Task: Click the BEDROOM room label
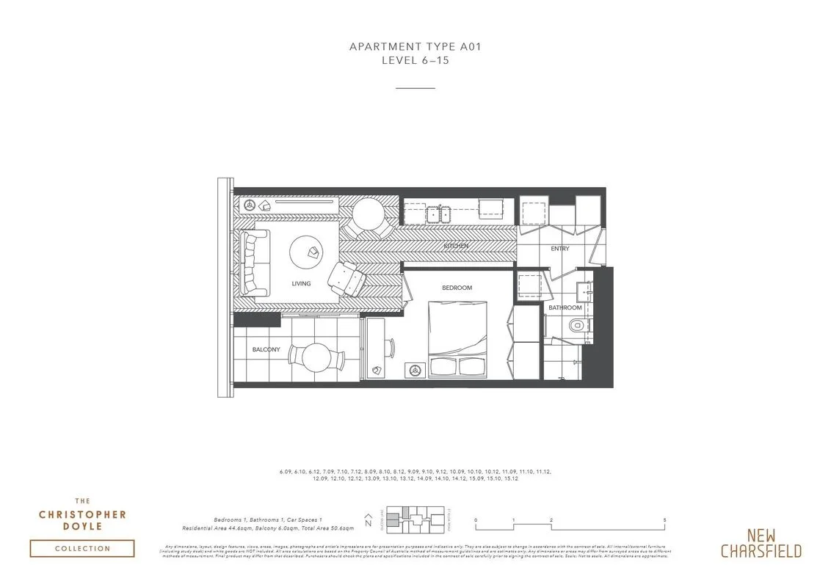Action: coord(457,288)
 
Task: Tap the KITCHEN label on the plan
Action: coord(454,246)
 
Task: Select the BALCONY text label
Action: coord(266,350)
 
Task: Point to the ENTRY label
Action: coord(560,249)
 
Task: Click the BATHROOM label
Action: coord(565,308)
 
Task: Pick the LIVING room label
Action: coord(301,284)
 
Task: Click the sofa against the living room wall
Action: coord(252,263)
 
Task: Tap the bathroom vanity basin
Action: coord(584,291)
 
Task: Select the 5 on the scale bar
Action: coord(664,519)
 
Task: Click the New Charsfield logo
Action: coord(761,543)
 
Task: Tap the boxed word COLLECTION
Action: coord(82,548)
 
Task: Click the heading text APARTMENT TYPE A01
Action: coord(415,47)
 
